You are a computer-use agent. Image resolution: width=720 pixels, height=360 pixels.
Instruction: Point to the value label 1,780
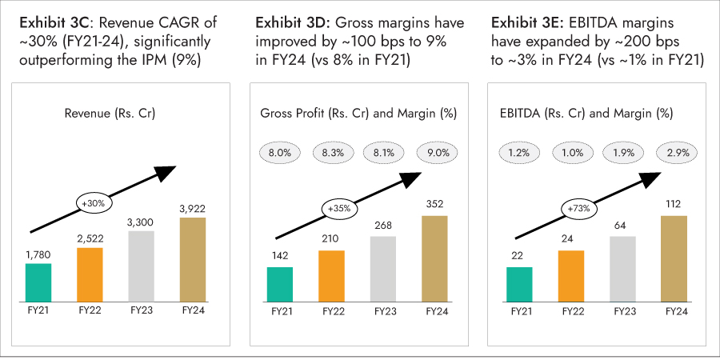pos(38,254)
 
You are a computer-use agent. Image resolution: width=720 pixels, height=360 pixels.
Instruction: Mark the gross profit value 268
pos(383,225)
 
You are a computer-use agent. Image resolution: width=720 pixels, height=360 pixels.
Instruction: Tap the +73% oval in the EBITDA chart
pos(578,209)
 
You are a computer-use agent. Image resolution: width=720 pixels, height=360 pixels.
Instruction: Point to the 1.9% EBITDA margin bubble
pos(622,150)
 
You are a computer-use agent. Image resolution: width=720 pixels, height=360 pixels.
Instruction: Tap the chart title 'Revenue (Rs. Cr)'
pos(110,114)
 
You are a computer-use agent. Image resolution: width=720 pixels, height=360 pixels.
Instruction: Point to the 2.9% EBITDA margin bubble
pos(674,150)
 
